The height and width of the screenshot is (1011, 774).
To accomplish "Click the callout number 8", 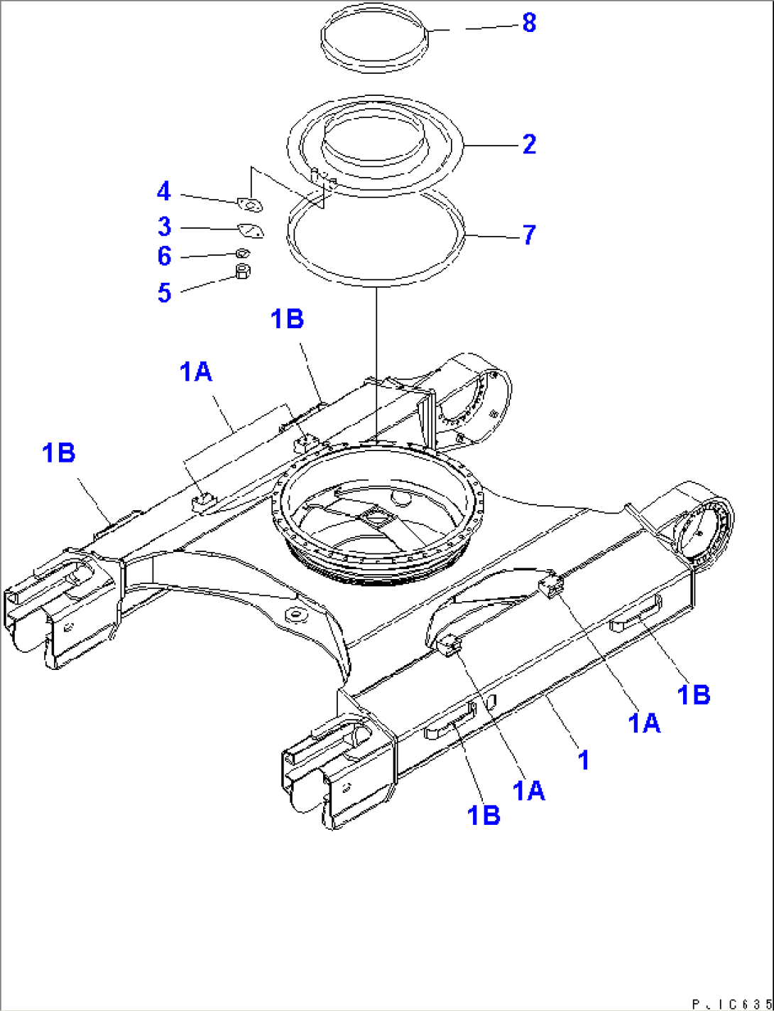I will (x=529, y=23).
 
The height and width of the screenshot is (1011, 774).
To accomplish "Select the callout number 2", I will (x=529, y=144).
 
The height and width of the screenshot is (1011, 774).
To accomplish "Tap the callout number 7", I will (x=529, y=235).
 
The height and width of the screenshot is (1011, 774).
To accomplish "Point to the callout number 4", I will (x=164, y=191).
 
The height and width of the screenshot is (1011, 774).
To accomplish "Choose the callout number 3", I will (x=164, y=227).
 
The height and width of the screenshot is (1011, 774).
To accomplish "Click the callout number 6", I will (x=164, y=256).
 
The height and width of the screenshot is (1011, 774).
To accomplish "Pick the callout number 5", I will (x=164, y=292).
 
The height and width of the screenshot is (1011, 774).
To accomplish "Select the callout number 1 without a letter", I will (x=583, y=759).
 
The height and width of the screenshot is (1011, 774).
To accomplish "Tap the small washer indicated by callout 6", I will (x=242, y=252).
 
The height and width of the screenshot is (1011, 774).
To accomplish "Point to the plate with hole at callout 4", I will (x=250, y=205).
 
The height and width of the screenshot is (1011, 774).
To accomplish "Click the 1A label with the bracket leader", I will (x=196, y=371).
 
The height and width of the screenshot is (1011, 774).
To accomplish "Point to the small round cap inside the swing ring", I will (x=400, y=498).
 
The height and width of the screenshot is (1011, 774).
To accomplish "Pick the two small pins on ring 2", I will (x=323, y=175).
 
